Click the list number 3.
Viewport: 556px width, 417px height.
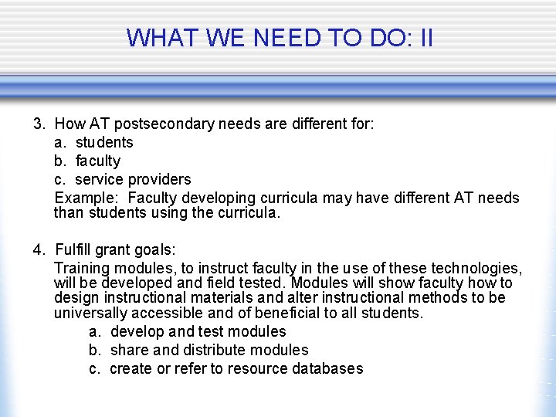38,124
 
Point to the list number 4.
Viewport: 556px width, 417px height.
38,250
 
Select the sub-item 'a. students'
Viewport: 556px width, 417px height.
93,142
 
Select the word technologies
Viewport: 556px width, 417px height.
475,269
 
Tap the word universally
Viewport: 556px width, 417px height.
90,313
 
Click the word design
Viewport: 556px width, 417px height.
74,297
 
